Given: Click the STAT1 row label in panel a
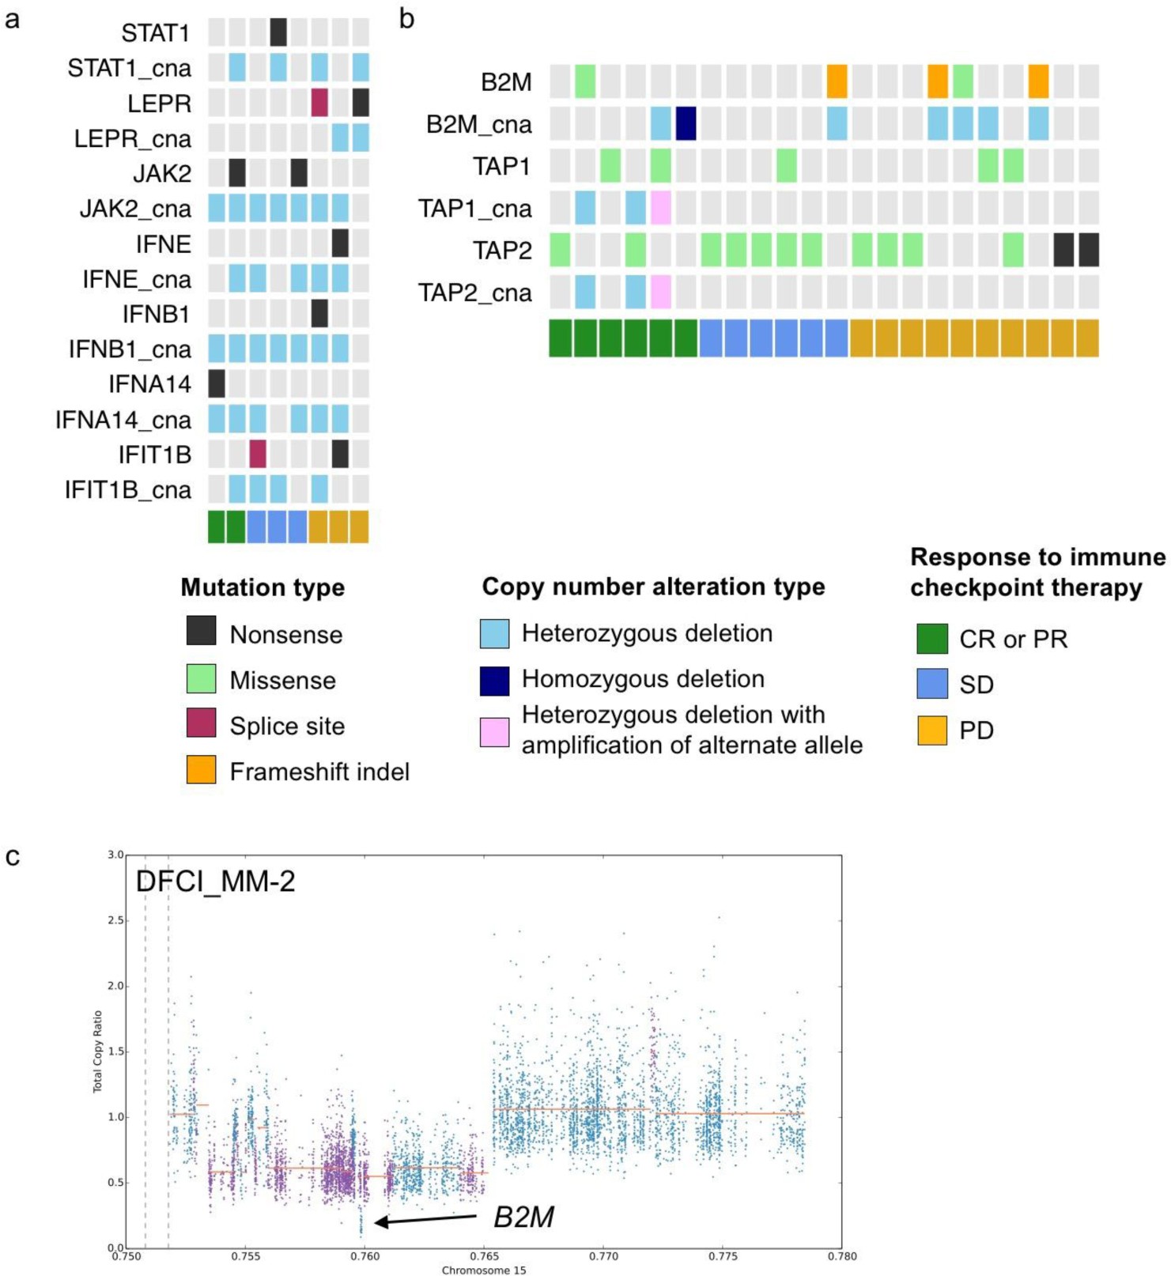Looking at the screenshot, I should click(x=155, y=33).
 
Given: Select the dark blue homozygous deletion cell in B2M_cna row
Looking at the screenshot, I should click(x=686, y=124).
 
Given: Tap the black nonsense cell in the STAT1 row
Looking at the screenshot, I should click(x=278, y=32).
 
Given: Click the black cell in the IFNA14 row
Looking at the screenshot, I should click(x=217, y=383).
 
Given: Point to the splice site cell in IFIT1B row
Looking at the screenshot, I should click(x=258, y=454).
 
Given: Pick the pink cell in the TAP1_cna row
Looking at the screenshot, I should click(x=660, y=208).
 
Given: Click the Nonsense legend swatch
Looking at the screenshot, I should click(x=202, y=632).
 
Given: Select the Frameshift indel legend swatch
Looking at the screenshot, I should click(x=202, y=769).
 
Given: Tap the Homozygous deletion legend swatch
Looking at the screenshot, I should click(x=494, y=681).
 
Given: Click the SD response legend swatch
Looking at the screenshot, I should click(x=932, y=684).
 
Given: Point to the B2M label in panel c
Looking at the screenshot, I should click(x=523, y=1217).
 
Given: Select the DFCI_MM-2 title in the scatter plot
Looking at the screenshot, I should click(x=216, y=881).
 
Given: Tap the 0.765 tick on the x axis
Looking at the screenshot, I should click(x=484, y=1255).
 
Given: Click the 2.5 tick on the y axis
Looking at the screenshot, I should click(x=115, y=920).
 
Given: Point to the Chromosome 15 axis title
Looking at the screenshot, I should click(x=483, y=1270).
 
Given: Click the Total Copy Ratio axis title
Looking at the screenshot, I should click(x=98, y=1051).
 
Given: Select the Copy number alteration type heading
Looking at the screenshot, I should click(x=653, y=587).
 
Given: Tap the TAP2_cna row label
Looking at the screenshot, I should click(x=474, y=293).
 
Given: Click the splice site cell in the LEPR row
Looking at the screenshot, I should click(x=319, y=103).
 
